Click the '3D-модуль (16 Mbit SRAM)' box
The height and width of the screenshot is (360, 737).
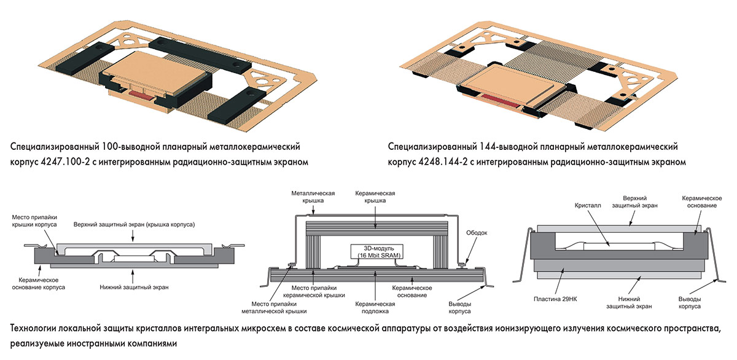(x=376, y=252)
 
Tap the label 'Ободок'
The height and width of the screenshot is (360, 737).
(x=477, y=233)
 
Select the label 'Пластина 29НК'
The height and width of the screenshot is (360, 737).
(x=555, y=299)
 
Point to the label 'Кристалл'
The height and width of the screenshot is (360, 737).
(x=588, y=206)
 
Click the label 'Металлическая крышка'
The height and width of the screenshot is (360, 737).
(x=313, y=197)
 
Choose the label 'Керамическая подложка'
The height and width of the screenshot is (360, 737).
(x=375, y=307)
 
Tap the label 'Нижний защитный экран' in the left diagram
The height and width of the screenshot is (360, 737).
(x=135, y=288)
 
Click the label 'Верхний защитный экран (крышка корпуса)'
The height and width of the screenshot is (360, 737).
(x=135, y=225)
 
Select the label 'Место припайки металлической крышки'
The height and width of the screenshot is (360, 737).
(x=274, y=307)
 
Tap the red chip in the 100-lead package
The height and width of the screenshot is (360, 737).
(x=142, y=95)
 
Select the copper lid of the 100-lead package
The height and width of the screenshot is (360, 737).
(x=154, y=70)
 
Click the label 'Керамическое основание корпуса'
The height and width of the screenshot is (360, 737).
(x=39, y=284)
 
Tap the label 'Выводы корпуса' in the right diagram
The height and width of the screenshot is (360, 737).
(x=690, y=303)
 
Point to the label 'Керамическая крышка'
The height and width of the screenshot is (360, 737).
(x=375, y=197)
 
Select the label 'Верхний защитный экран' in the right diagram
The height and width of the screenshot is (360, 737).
(x=634, y=202)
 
